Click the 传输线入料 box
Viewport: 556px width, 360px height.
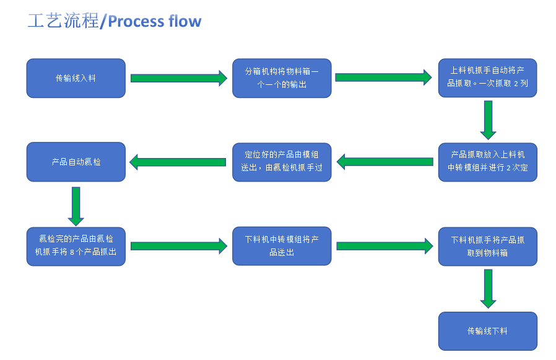point(76,78)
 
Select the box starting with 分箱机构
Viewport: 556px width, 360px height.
point(282,78)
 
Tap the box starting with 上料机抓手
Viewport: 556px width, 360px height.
point(487,78)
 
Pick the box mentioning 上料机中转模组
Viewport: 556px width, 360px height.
point(487,162)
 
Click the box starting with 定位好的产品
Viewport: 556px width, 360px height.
point(282,162)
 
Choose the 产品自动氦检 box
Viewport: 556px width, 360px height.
point(76,162)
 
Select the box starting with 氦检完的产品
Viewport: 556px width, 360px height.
point(76,246)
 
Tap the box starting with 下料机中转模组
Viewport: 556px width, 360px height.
point(282,246)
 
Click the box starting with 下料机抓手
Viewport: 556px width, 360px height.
point(487,246)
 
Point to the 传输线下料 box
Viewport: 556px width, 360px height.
point(487,331)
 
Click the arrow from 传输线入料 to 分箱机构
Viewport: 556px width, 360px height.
point(179,78)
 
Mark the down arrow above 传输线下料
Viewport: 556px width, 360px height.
point(488,289)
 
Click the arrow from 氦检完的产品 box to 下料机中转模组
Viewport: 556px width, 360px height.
point(179,246)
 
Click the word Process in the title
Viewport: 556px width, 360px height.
point(131,21)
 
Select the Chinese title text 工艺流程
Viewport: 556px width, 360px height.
point(63,21)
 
